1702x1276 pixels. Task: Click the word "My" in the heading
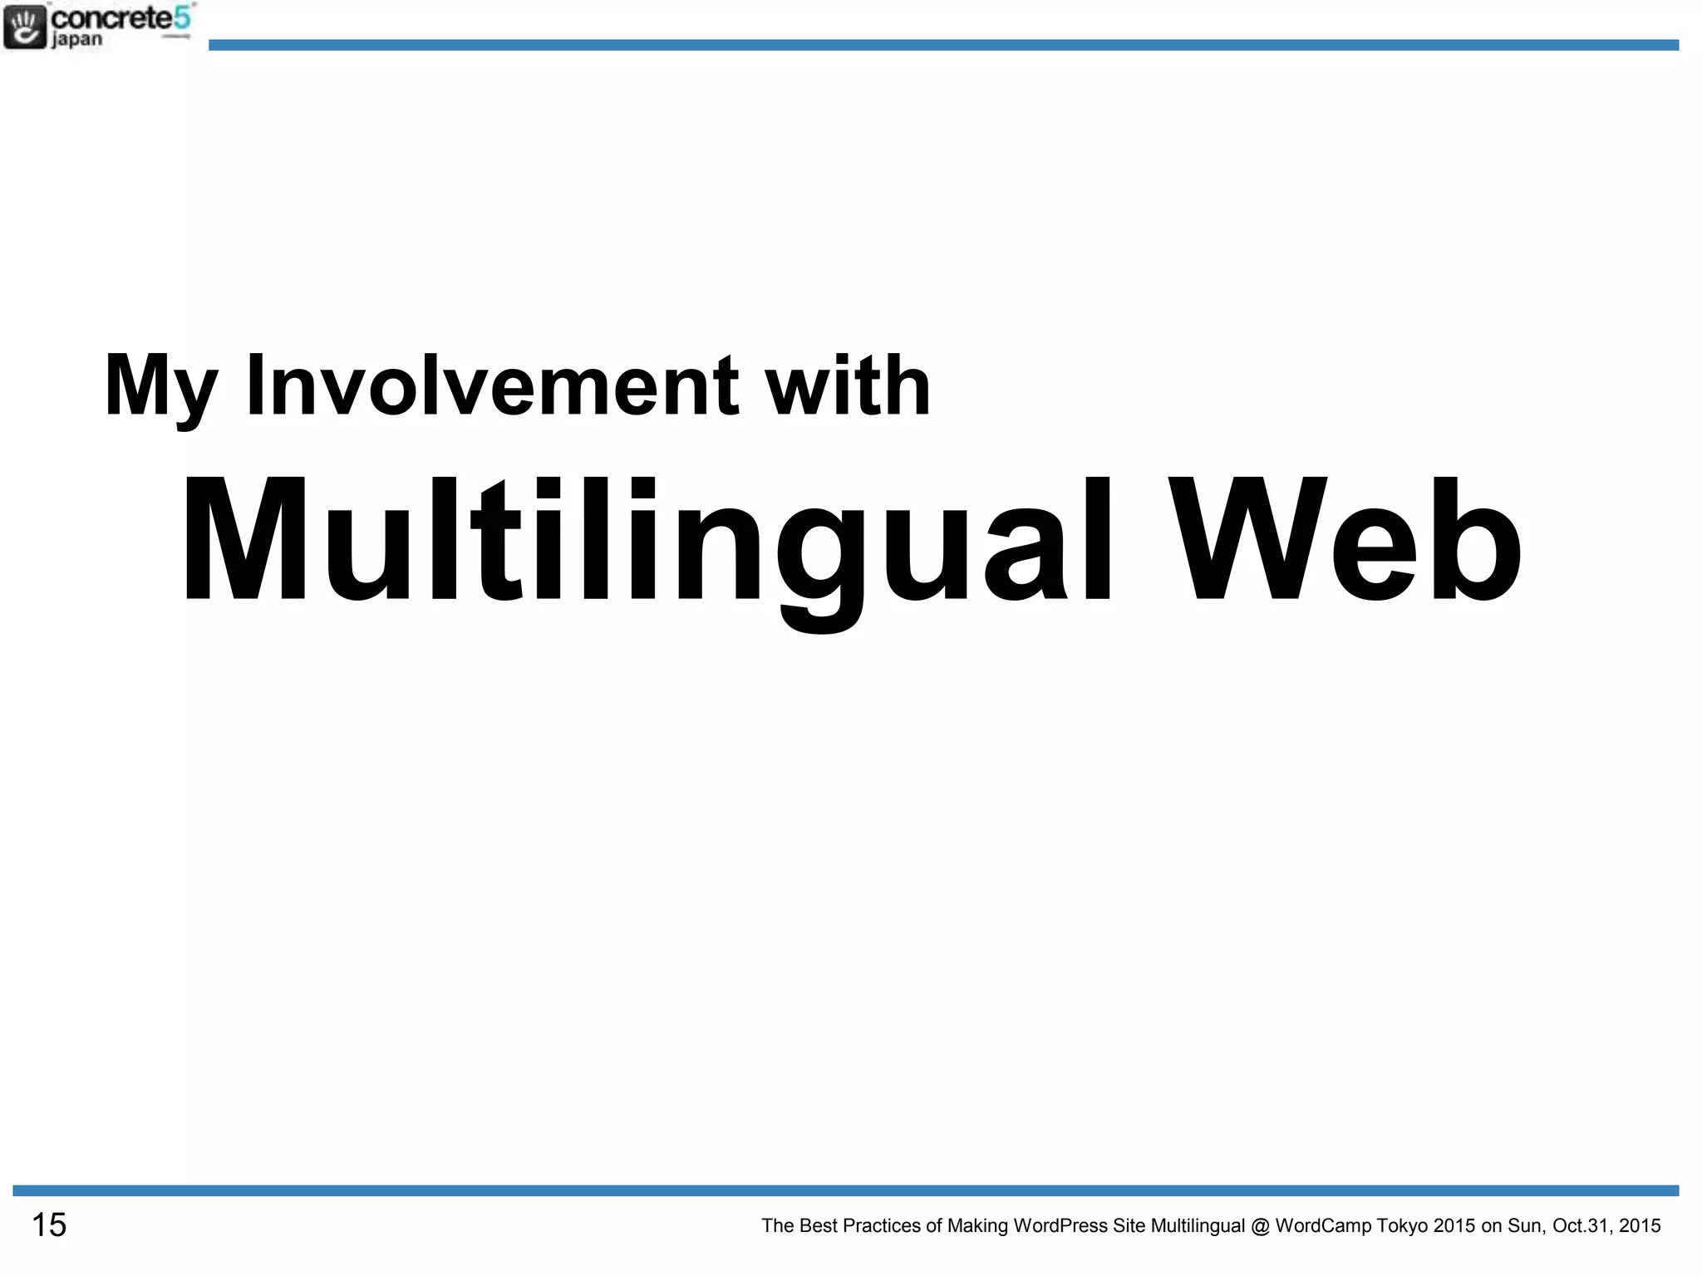[x=160, y=387]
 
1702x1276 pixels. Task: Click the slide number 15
[x=49, y=1225]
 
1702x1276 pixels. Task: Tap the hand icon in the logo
[x=25, y=26]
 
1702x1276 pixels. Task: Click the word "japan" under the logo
[x=76, y=39]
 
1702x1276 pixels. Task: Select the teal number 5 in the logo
[x=183, y=17]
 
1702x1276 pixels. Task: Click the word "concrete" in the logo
[x=111, y=17]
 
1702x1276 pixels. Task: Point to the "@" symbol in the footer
[x=1260, y=1226]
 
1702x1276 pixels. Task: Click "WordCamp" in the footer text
[x=1322, y=1226]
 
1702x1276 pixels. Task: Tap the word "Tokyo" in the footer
[x=1402, y=1226]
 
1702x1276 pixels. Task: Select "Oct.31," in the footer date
[x=1582, y=1226]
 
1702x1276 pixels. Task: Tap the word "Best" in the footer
[x=818, y=1226]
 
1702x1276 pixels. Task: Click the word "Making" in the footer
[x=977, y=1226]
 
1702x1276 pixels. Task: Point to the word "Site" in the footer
[x=1129, y=1226]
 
